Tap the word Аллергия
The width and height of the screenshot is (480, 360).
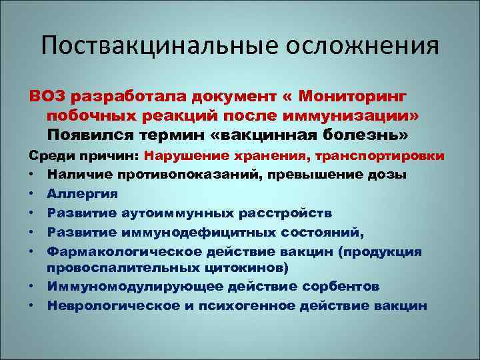pyautogui.click(x=82, y=194)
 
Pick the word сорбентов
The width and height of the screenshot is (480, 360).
pyautogui.click(x=335, y=287)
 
